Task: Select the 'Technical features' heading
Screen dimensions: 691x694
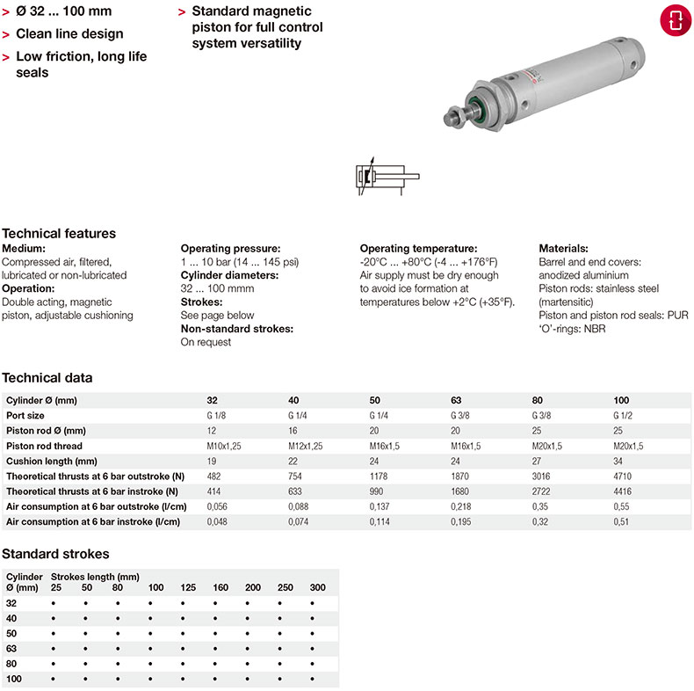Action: (x=59, y=234)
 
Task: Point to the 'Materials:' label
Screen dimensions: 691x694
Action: (x=563, y=249)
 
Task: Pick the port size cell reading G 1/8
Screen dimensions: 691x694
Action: (x=217, y=416)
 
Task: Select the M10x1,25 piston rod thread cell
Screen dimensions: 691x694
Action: (x=223, y=446)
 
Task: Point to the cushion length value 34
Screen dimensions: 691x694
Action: (x=619, y=462)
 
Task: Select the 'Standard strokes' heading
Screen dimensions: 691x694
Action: (x=56, y=554)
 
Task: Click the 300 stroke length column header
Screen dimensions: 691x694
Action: (x=317, y=586)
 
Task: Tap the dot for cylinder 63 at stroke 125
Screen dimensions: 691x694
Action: (x=183, y=649)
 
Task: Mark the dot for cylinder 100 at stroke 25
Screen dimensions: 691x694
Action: (x=54, y=680)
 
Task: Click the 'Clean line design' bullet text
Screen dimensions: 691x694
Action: (x=69, y=34)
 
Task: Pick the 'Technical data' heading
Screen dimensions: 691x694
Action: (x=47, y=379)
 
